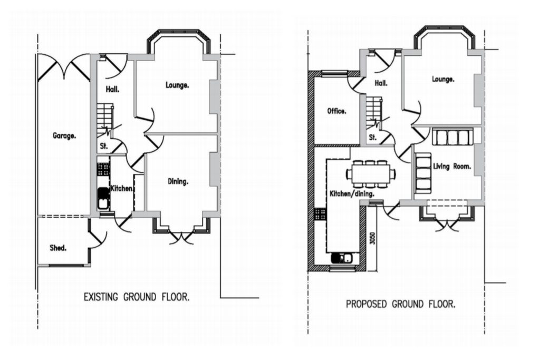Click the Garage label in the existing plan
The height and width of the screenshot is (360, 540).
point(64,136)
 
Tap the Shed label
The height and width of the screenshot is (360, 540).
point(58,248)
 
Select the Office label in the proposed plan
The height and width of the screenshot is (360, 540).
point(336,111)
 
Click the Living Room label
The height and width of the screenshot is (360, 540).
point(452,167)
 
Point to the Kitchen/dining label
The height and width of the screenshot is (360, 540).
point(352,194)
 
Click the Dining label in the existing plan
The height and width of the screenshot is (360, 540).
point(178,181)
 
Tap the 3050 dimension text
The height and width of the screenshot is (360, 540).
point(372,238)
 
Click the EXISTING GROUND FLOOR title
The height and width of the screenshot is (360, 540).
point(137,297)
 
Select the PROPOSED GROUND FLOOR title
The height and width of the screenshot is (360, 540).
point(401,304)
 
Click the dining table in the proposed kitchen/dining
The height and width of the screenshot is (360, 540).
point(371,174)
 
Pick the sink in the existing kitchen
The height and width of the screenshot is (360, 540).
point(103,198)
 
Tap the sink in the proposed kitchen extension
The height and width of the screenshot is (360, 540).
point(342,258)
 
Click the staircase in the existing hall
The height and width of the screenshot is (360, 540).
point(104,121)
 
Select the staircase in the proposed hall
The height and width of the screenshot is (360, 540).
point(374,112)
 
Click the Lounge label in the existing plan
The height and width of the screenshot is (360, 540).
point(177,85)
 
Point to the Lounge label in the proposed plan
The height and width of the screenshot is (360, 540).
point(443,79)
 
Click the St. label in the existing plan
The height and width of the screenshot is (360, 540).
point(104,146)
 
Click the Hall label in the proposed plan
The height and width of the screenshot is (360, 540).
point(381,83)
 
